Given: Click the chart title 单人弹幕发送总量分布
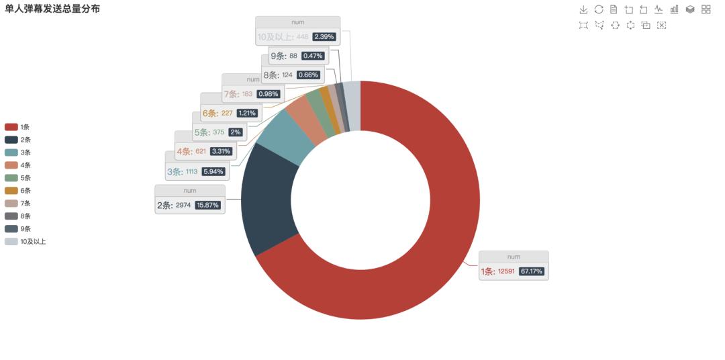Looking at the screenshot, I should click(52, 9).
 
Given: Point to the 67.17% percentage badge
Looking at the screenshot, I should click(532, 272).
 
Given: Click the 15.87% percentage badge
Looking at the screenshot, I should click(207, 206).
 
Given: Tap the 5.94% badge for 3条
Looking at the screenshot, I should click(213, 172).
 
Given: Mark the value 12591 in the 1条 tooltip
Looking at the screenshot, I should click(506, 272).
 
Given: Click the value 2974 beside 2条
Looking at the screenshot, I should click(183, 206).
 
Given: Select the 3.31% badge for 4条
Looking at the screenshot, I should click(222, 152).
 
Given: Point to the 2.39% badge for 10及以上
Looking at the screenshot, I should click(325, 37).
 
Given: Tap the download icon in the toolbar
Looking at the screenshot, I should click(583, 9).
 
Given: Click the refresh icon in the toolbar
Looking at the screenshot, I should click(599, 9).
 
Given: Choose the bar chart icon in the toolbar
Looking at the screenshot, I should click(674, 9).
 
